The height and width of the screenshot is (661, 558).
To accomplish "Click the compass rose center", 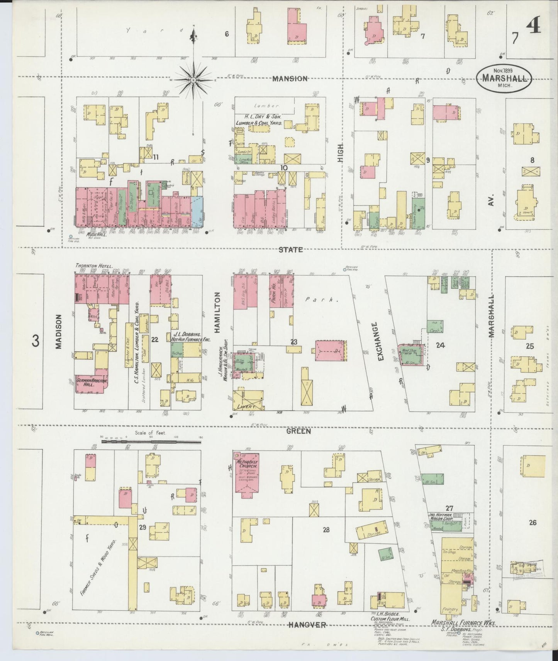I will (193, 80).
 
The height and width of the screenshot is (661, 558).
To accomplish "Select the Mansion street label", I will (290, 78).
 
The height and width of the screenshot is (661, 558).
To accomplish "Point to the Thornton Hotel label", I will (94, 266).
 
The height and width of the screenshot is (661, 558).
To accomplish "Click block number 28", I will (326, 529).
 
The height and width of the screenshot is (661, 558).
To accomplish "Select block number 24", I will (440, 345).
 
